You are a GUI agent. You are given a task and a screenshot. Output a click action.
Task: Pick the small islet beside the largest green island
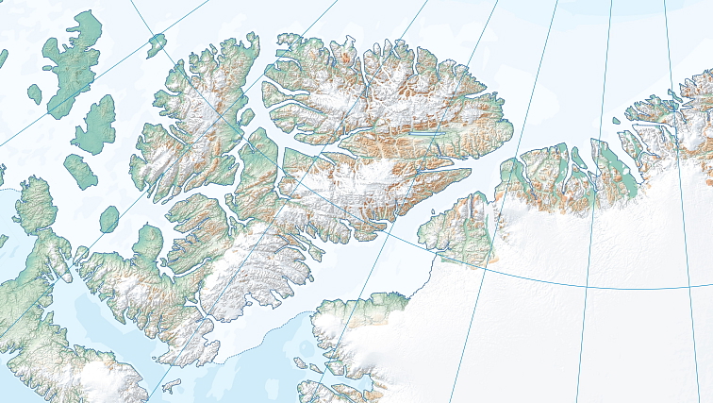[35, 93]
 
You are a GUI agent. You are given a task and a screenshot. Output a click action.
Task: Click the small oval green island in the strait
[109, 218]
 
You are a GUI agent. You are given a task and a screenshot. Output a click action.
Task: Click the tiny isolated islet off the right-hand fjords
[617, 121]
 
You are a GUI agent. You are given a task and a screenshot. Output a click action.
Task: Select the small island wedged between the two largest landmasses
[248, 117]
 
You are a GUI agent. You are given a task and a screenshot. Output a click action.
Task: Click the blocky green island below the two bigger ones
[80, 170]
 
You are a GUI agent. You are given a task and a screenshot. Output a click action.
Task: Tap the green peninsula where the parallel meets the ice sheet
[462, 231]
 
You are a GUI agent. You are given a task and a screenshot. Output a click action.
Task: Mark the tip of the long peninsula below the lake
[469, 173]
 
